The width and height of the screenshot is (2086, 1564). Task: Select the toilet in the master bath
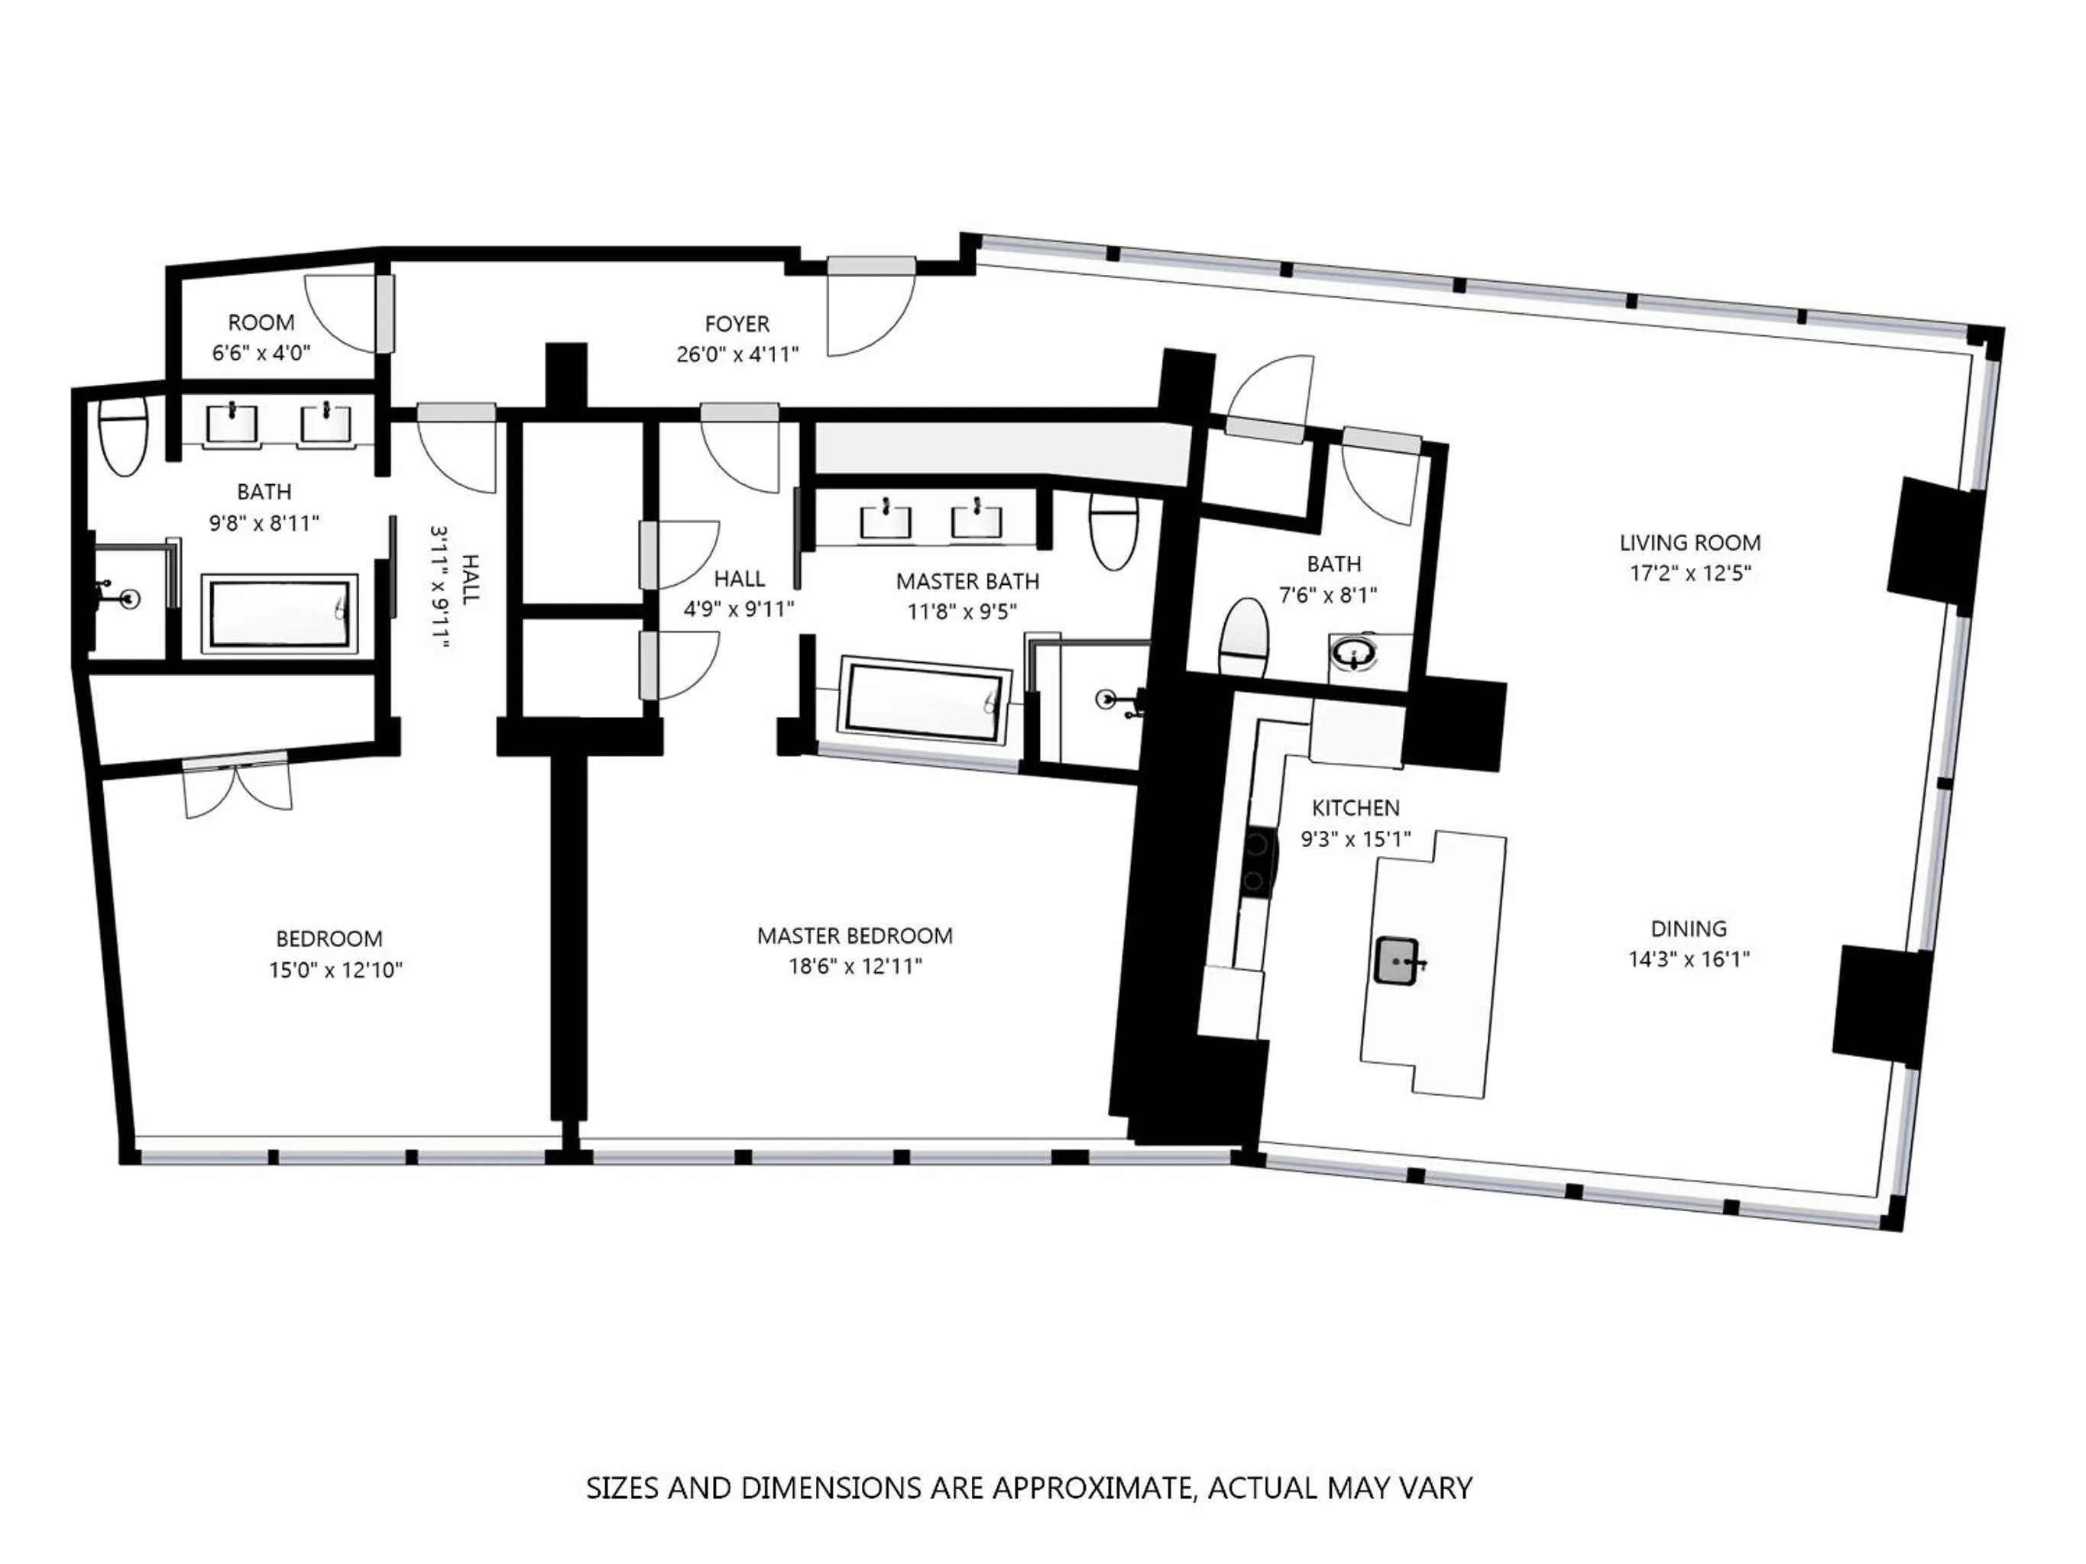(1113, 534)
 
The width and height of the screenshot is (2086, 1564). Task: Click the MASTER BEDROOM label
(854, 935)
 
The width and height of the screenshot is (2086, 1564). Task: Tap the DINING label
(1688, 929)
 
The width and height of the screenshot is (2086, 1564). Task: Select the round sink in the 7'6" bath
(1356, 652)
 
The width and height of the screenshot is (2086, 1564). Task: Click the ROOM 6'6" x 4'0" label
(261, 322)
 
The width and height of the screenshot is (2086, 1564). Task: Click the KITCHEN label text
(1356, 808)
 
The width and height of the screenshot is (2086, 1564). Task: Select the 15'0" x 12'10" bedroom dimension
(335, 970)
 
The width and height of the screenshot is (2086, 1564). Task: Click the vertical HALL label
(470, 579)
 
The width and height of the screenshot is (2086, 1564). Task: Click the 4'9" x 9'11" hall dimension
(738, 609)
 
